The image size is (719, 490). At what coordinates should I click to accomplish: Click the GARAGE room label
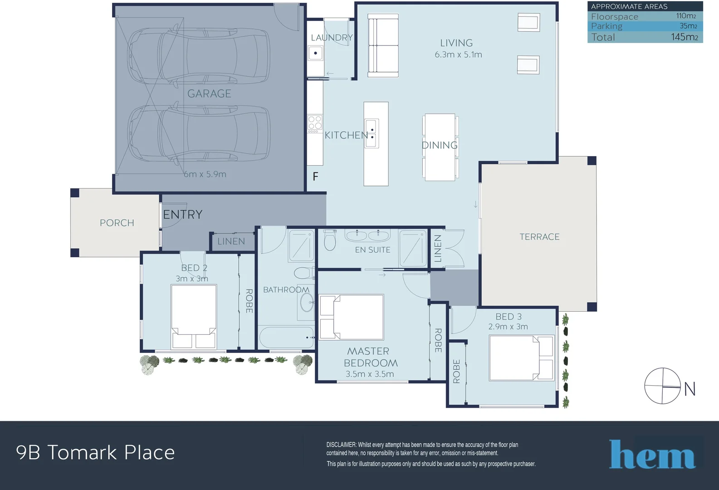tap(209, 94)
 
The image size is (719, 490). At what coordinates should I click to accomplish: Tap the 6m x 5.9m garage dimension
tap(205, 174)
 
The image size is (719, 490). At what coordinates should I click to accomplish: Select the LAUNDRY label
tap(332, 38)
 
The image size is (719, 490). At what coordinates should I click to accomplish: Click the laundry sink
tap(316, 53)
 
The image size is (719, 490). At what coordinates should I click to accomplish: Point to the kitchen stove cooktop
tap(315, 123)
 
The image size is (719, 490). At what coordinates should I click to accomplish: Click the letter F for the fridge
tap(316, 176)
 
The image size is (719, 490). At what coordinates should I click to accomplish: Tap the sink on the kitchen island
tap(372, 133)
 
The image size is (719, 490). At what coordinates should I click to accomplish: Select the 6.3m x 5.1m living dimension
tap(458, 54)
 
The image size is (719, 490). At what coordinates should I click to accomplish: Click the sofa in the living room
tap(383, 45)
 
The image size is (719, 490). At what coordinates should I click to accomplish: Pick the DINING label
tap(440, 145)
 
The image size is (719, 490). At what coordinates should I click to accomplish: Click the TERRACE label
tap(539, 237)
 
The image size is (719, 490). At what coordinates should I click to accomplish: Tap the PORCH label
tap(117, 223)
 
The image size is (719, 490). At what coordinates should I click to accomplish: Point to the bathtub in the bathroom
tap(286, 338)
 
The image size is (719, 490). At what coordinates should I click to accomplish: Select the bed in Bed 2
tap(194, 317)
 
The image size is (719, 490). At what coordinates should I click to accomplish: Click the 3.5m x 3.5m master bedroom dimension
tap(370, 374)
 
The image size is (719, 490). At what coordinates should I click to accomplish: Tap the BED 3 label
tap(509, 317)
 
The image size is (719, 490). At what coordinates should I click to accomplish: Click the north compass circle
tap(662, 386)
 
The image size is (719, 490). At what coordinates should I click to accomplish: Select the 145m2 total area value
tap(685, 37)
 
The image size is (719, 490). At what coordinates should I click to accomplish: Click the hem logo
tap(653, 454)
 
